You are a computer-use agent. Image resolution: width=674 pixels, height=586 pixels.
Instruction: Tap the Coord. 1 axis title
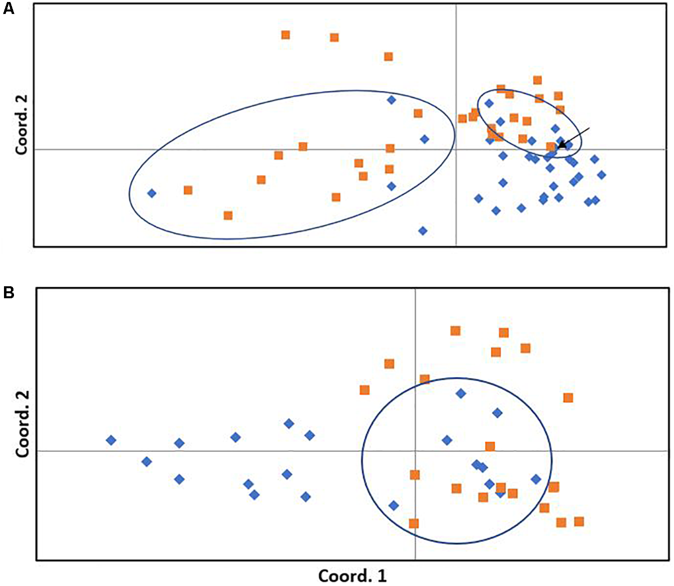tap(352, 576)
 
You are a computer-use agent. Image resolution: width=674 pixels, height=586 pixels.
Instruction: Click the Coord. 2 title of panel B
tap(22, 424)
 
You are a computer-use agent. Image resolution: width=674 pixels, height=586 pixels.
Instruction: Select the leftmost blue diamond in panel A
tap(152, 193)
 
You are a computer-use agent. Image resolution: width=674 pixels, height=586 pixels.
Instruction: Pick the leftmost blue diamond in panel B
tap(111, 440)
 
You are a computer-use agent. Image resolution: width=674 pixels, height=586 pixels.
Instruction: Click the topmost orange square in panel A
tap(286, 35)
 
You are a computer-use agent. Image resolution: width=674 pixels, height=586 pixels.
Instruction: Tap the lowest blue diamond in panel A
tap(423, 231)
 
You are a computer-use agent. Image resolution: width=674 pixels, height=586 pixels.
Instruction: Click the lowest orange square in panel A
tap(228, 215)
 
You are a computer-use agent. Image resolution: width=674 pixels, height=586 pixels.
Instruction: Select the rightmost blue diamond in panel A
tap(602, 175)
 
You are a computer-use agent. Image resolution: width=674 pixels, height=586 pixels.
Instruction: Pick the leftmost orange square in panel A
tap(188, 190)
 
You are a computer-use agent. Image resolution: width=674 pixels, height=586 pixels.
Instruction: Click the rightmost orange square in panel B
tap(579, 522)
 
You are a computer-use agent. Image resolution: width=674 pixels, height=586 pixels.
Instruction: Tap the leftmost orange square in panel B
tap(364, 390)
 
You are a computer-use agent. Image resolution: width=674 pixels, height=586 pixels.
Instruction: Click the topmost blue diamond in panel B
tap(461, 394)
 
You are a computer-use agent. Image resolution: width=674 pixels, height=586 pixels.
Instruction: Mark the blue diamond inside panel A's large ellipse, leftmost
tap(152, 193)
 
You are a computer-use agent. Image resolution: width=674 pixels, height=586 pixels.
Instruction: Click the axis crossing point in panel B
tap(415, 451)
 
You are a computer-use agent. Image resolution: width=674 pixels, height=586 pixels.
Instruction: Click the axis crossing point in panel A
tap(456, 149)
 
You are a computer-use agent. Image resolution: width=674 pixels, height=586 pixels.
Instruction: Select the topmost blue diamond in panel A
tap(391, 100)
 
